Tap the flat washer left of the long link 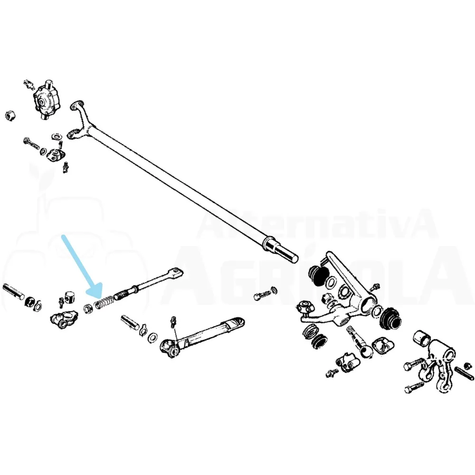[152, 337]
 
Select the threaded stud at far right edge [464, 371]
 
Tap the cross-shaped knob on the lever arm [304, 308]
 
